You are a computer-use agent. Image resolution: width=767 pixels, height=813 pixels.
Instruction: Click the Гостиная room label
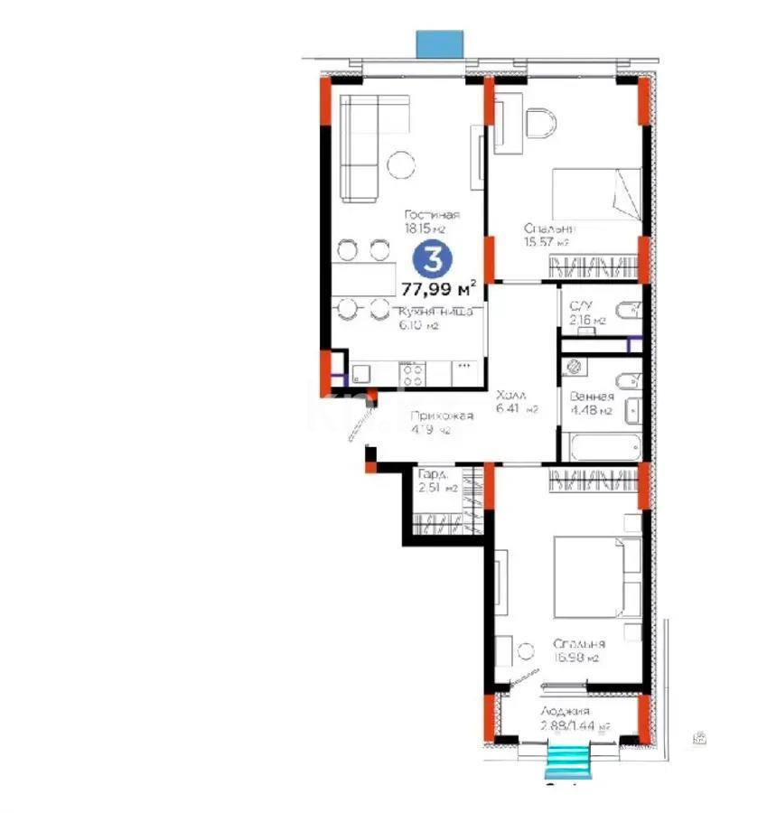point(432,215)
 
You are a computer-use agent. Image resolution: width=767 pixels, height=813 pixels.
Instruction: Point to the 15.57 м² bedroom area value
point(547,242)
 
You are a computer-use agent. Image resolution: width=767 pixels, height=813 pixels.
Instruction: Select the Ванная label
point(592,397)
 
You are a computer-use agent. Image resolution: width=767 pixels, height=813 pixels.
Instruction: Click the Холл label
point(511,395)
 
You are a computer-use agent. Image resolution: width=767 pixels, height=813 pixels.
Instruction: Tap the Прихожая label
point(442,416)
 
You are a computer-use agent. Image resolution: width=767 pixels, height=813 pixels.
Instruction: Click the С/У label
point(581,304)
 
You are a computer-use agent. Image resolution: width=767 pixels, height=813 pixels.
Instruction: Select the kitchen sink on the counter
point(361,371)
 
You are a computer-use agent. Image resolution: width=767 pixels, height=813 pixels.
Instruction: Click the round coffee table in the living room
point(398,164)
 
